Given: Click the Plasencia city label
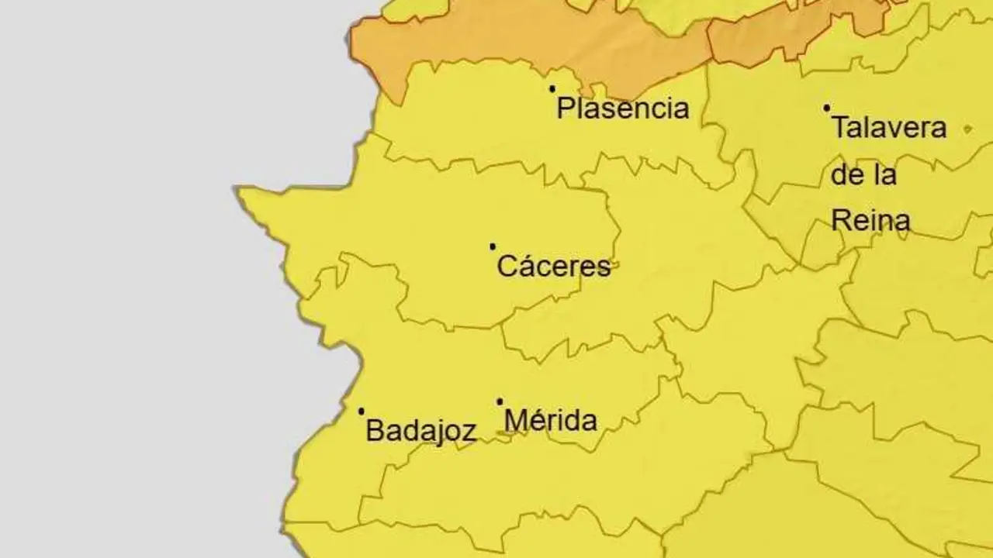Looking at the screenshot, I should point(623,108).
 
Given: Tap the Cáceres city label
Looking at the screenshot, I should point(554,267).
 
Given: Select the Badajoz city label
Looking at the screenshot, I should point(420,430).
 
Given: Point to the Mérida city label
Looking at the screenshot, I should point(551,421).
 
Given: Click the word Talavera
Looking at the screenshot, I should point(889,127).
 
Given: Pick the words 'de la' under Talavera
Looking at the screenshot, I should point(863,174).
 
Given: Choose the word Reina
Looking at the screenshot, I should point(870,221).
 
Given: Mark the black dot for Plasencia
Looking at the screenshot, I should point(552,89).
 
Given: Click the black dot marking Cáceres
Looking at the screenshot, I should point(493,246).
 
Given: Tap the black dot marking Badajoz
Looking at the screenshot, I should point(362,411).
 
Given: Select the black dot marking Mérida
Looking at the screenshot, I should point(500,401).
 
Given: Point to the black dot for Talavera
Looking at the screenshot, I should point(827,108).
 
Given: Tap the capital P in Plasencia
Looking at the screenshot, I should point(565,108).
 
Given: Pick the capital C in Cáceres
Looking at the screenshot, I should point(506,267).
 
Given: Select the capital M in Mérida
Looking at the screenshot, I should point(515,421).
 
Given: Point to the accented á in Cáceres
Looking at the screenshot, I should point(524,266).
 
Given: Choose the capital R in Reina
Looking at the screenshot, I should point(840,221).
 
